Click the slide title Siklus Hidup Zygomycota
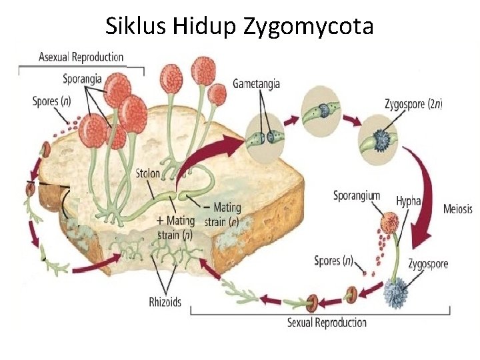240,26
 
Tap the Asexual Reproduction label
81,57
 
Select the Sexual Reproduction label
327,323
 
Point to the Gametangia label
256,84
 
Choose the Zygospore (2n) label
413,103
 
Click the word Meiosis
457,209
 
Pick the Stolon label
147,173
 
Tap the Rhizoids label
165,302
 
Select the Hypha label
407,199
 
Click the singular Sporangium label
357,195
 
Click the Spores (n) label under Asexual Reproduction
52,102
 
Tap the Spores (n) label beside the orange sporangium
333,261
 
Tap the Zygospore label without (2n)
428,264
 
